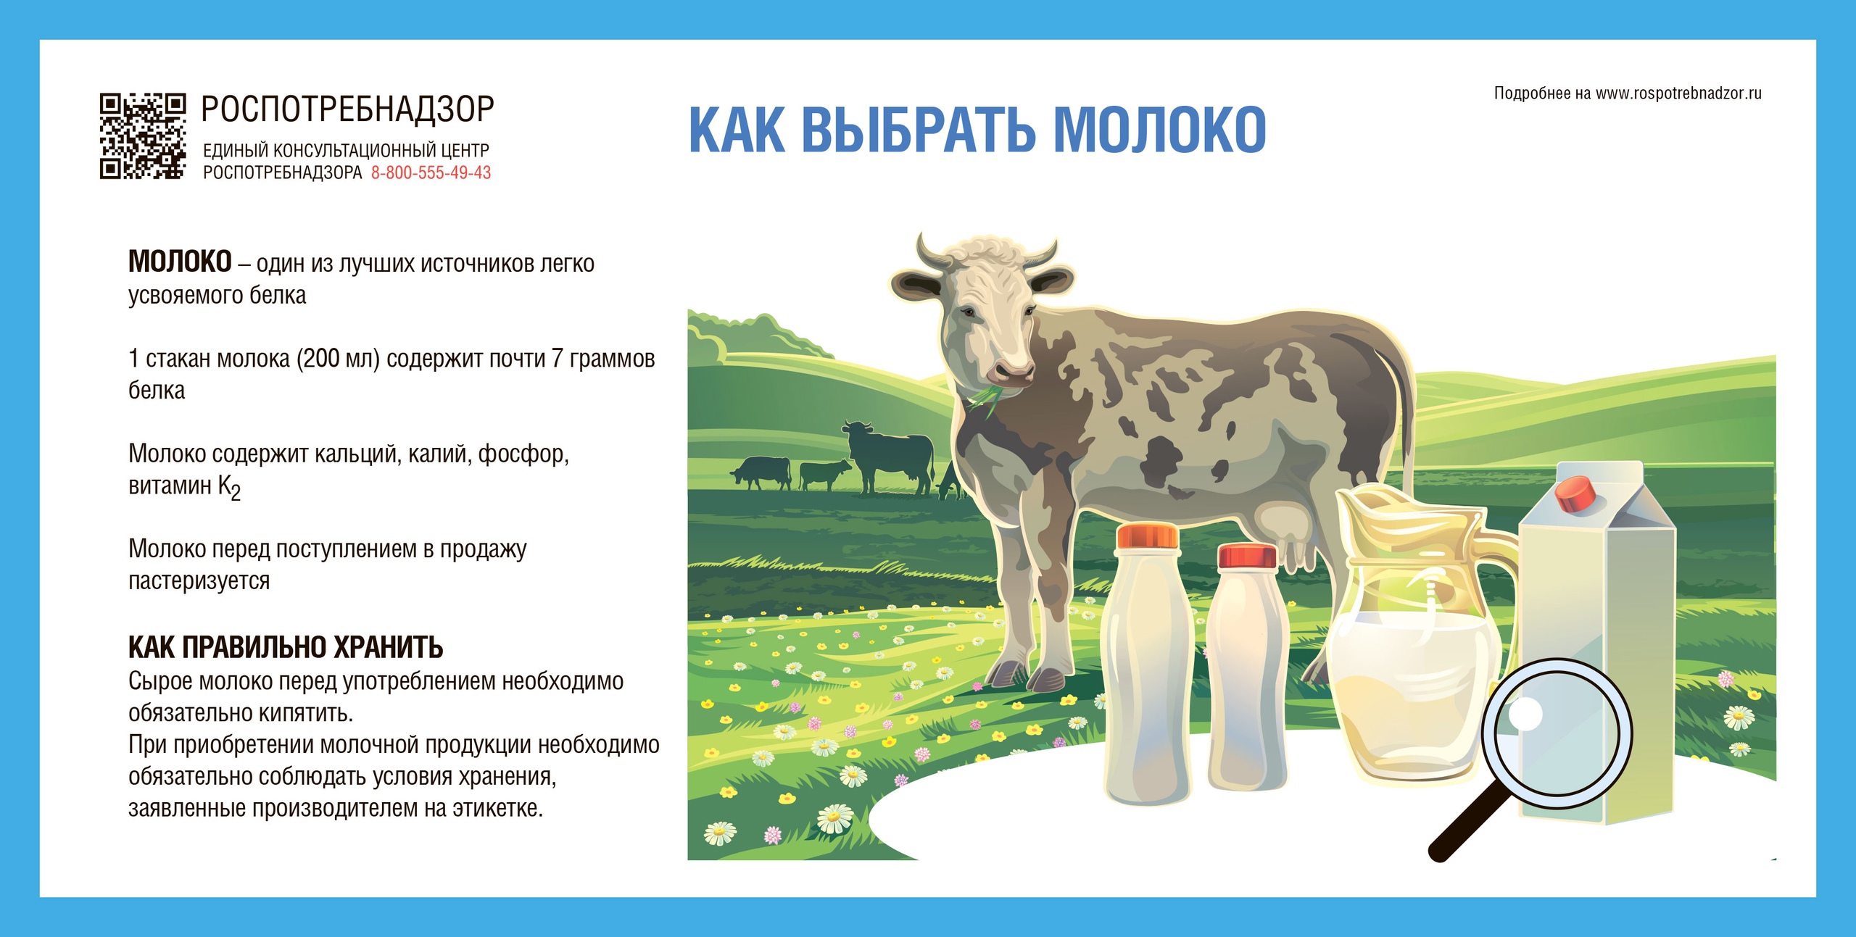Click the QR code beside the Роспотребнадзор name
pyautogui.click(x=143, y=136)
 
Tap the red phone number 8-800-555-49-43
pyautogui.click(x=431, y=172)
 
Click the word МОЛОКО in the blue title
pyautogui.click(x=1159, y=130)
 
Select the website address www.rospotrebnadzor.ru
pyautogui.click(x=1678, y=93)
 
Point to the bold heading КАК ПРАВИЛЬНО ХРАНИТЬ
pyautogui.click(x=286, y=647)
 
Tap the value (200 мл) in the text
pyautogui.click(x=338, y=359)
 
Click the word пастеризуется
pyautogui.click(x=199, y=581)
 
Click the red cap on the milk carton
pyautogui.click(x=1575, y=494)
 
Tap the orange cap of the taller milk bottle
pyautogui.click(x=1146, y=536)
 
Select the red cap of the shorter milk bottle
pyautogui.click(x=1247, y=556)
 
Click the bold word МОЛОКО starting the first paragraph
pyautogui.click(x=180, y=262)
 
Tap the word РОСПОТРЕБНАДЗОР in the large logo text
pyautogui.click(x=347, y=109)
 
